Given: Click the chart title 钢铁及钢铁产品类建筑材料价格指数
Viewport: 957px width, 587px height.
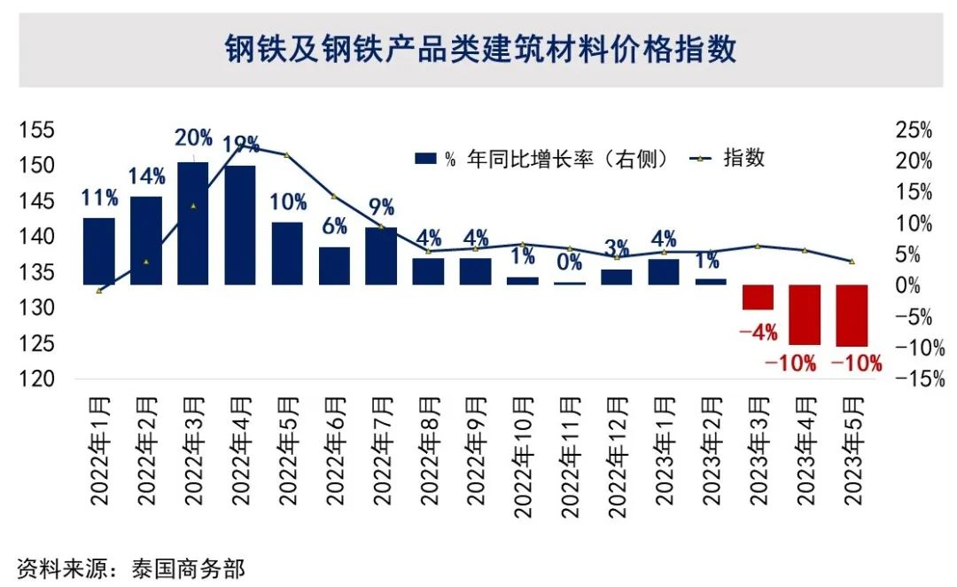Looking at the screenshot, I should (479, 50).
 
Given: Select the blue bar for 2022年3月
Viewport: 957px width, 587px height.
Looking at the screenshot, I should (193, 223).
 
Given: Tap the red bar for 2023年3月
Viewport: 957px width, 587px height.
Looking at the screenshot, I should (759, 297).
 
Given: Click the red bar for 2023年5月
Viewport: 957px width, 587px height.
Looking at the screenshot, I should (852, 316).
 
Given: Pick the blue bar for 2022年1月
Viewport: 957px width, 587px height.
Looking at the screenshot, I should (99, 251).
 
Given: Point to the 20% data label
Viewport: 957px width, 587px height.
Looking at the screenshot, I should (193, 138).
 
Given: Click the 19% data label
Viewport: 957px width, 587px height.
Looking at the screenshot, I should (241, 144).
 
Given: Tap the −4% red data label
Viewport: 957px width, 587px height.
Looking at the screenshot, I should (759, 333).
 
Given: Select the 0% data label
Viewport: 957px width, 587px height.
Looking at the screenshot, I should (570, 262).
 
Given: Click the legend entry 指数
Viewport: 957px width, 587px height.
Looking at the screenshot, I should (744, 159).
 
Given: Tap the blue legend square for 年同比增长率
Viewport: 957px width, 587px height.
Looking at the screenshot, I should (426, 160).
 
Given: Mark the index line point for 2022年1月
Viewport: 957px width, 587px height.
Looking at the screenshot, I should (99, 291).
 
